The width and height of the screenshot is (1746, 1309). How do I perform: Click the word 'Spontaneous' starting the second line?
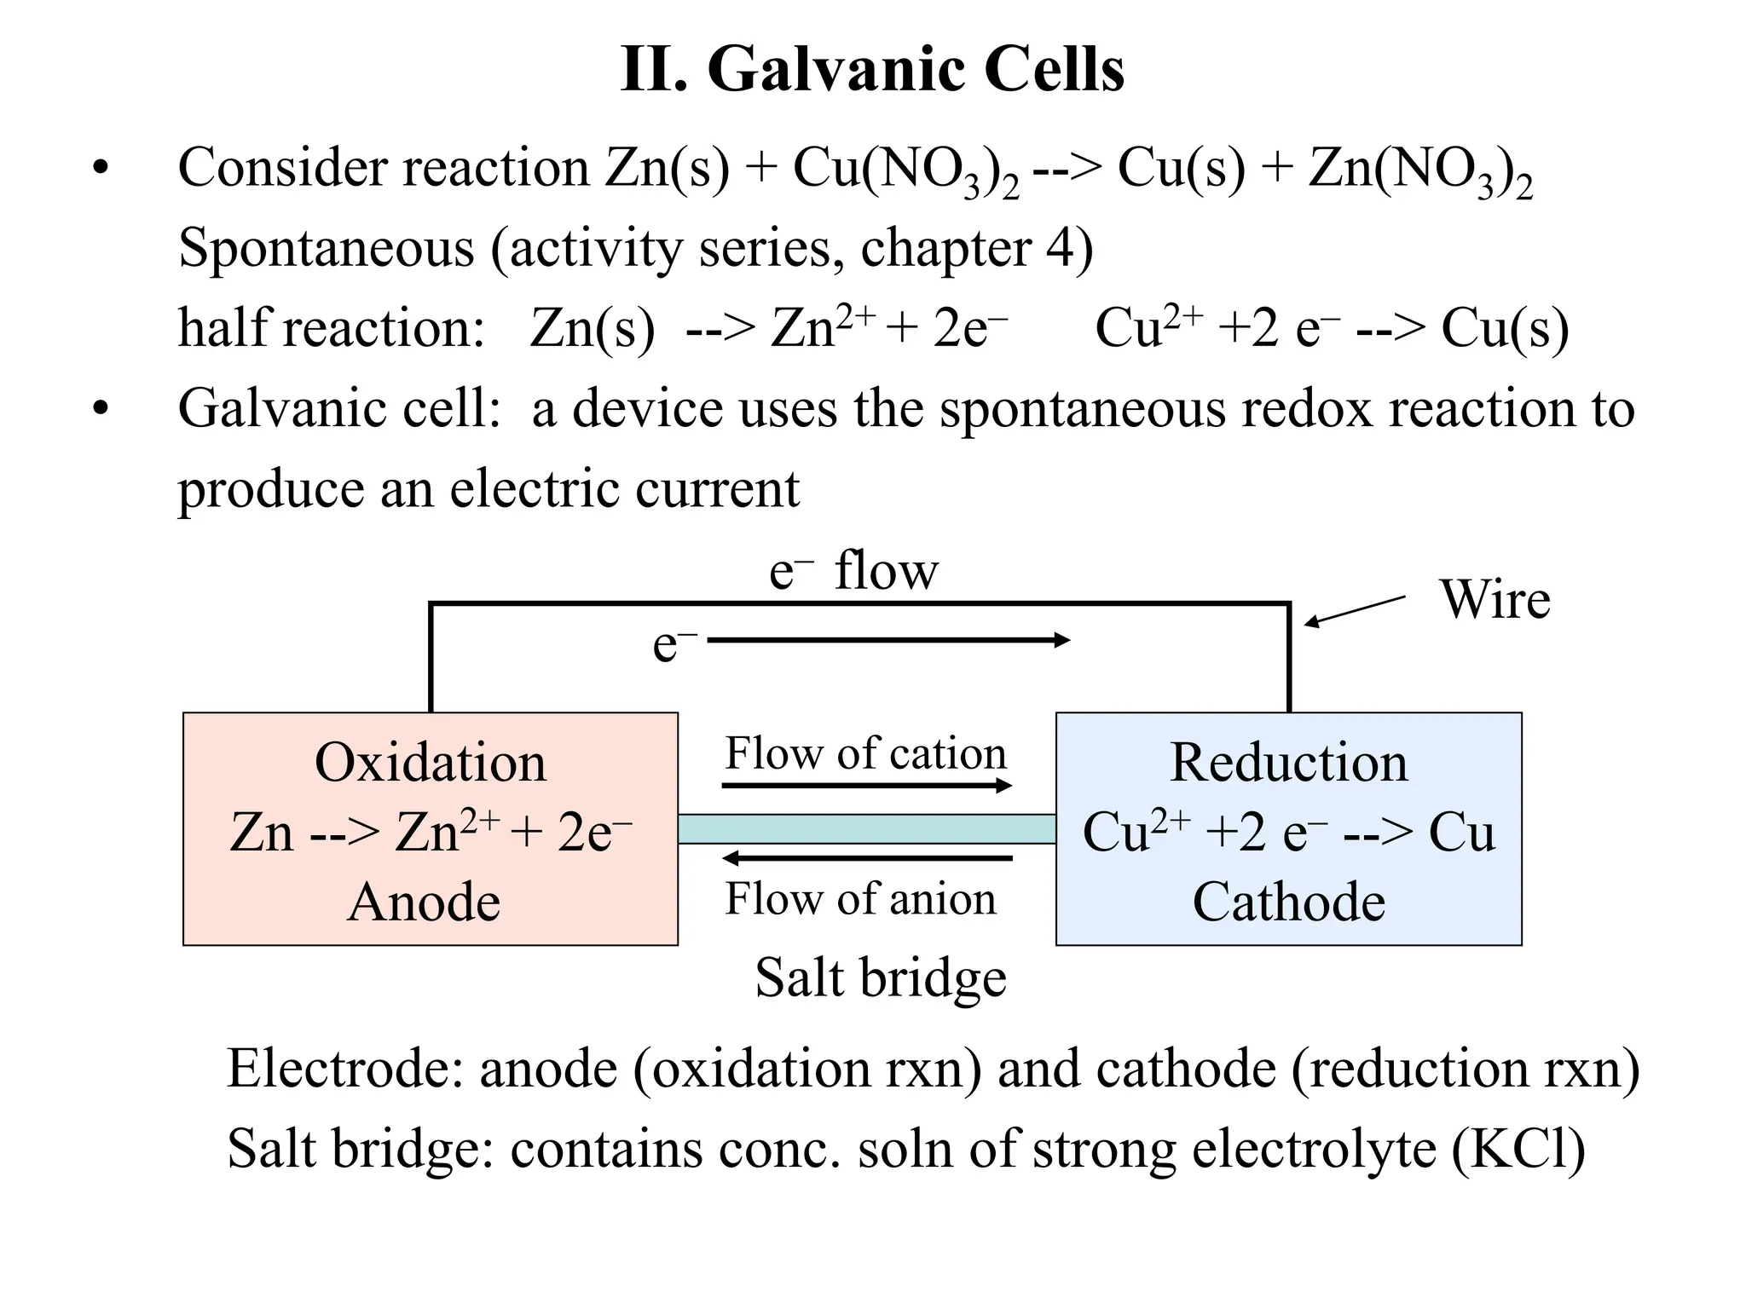pyautogui.click(x=326, y=249)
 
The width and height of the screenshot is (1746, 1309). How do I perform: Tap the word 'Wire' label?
pyautogui.click(x=1495, y=600)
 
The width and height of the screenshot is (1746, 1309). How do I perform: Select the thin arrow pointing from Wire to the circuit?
pyautogui.click(x=1355, y=612)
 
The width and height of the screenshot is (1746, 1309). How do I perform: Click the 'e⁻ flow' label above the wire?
pyautogui.click(x=853, y=571)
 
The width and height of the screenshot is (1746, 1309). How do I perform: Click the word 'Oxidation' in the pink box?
pyautogui.click(x=430, y=762)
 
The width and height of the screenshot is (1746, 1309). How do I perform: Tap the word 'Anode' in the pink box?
pyautogui.click(x=424, y=902)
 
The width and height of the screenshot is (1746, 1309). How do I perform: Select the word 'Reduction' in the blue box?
pyautogui.click(x=1288, y=762)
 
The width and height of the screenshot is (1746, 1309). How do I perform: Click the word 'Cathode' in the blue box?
pyautogui.click(x=1288, y=902)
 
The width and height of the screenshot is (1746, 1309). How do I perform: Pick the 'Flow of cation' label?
pyautogui.click(x=865, y=753)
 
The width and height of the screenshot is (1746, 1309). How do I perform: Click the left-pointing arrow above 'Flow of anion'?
pyautogui.click(x=867, y=857)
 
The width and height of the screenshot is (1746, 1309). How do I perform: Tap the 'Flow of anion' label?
pyautogui.click(x=860, y=899)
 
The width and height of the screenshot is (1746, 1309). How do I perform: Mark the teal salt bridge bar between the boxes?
pyautogui.click(x=866, y=828)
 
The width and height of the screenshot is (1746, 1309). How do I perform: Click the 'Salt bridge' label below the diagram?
pyautogui.click(x=880, y=977)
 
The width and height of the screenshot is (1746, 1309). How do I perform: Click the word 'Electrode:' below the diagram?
pyautogui.click(x=344, y=1069)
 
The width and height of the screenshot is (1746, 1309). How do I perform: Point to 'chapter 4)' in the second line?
pyautogui.click(x=976, y=249)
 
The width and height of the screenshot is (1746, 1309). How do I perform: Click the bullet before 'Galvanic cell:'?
pyautogui.click(x=101, y=410)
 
